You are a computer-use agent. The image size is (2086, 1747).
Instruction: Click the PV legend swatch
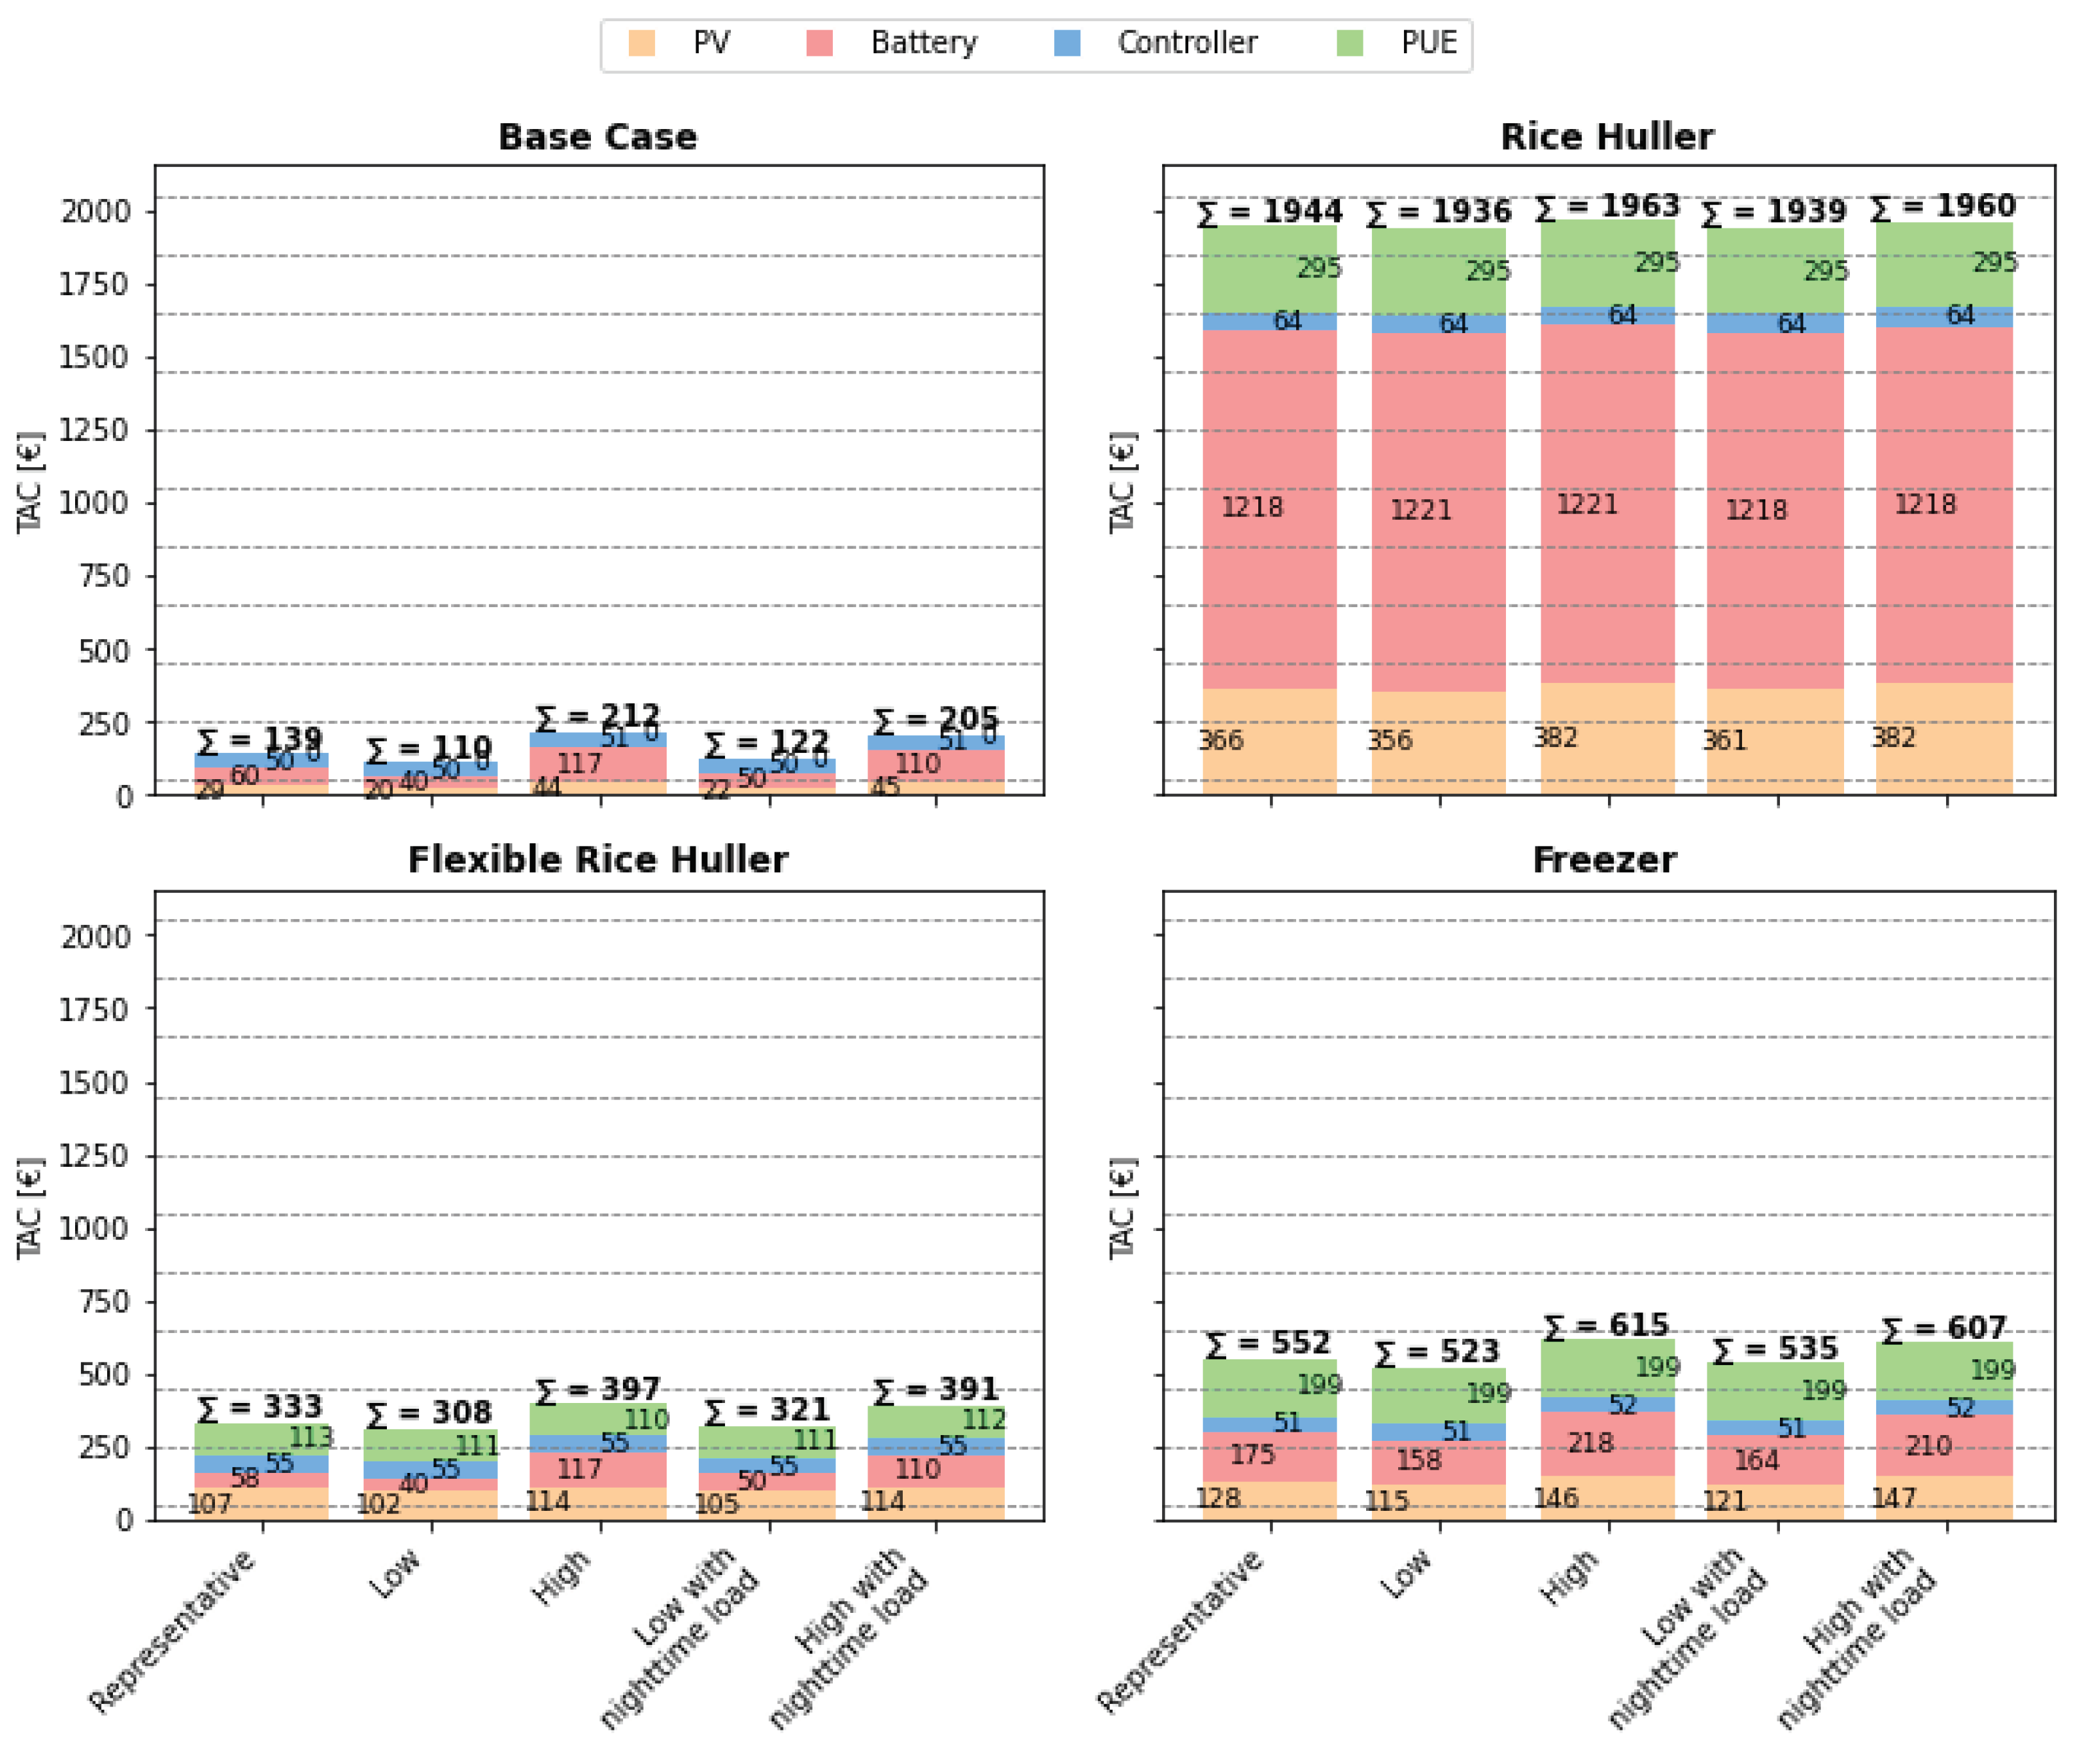pos(642,44)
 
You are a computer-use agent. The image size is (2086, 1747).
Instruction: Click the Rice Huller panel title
pos(1606,137)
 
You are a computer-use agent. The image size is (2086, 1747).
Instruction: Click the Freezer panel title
pos(1604,859)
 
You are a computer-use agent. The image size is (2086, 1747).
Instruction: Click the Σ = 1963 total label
pos(1606,207)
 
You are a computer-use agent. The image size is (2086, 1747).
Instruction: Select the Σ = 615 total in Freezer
pos(1606,1325)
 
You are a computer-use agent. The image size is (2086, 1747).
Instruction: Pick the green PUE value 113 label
pos(311,1438)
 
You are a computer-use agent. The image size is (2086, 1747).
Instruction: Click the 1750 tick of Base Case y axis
pos(94,284)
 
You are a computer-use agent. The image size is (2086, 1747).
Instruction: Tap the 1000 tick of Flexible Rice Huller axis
pos(94,1229)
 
